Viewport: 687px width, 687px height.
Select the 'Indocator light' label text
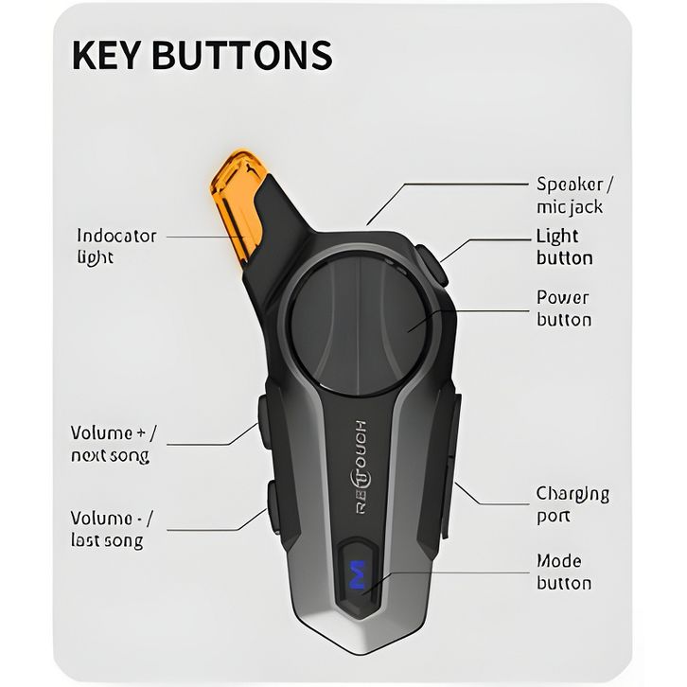pos(115,246)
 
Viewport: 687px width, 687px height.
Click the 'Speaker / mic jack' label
pos(574,195)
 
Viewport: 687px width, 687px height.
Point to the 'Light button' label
pos(564,247)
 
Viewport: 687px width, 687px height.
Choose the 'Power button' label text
pos(563,308)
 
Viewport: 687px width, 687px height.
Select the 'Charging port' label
pos(572,504)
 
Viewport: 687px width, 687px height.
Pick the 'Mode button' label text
pos(564,572)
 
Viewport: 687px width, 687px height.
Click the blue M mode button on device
pos(358,576)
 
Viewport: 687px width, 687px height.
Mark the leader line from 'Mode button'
pos(454,572)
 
